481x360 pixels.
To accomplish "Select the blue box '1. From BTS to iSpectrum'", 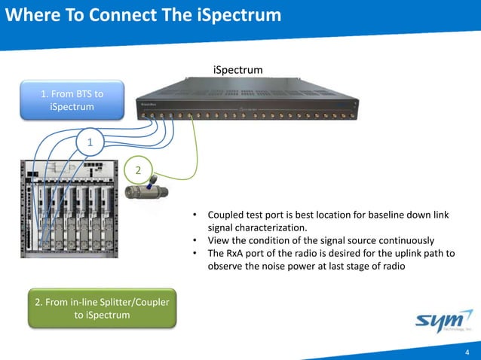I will pos(72,100).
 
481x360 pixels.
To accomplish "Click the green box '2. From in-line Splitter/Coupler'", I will pos(101,308).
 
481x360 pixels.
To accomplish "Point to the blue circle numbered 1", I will pos(90,142).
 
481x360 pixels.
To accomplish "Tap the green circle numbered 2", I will pos(138,170).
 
